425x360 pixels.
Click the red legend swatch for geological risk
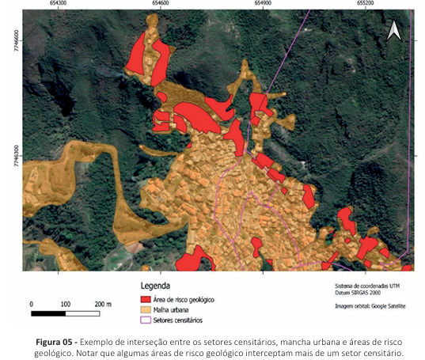coord(145,300)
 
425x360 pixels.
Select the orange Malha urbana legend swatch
coord(145,311)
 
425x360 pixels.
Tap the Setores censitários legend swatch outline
coord(145,321)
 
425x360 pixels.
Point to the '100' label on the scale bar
coord(65,304)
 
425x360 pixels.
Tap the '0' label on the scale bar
coord(31,304)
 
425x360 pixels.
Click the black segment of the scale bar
coord(48,313)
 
